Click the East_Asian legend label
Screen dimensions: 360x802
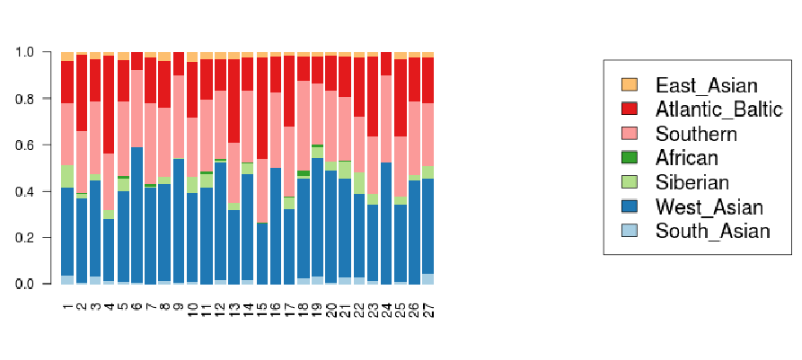coord(707,85)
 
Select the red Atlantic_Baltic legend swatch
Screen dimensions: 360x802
coord(630,110)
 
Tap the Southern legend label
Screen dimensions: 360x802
coord(696,134)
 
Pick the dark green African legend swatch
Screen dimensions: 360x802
coord(630,158)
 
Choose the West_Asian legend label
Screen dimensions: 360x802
coord(709,207)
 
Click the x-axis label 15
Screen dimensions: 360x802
coord(262,311)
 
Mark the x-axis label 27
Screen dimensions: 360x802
coord(428,311)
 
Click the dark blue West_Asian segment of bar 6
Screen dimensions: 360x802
coord(137,215)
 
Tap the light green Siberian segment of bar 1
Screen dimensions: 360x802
coord(67,177)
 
